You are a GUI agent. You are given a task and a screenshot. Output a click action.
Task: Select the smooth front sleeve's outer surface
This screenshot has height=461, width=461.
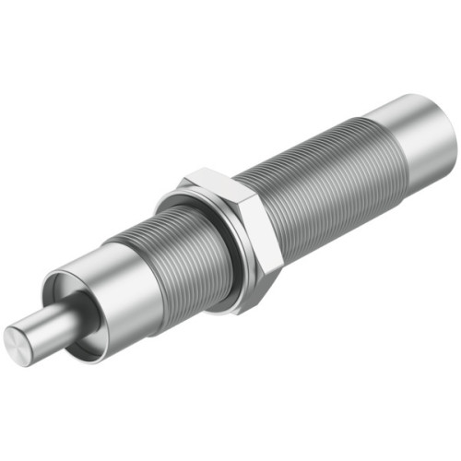click(x=129, y=295)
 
